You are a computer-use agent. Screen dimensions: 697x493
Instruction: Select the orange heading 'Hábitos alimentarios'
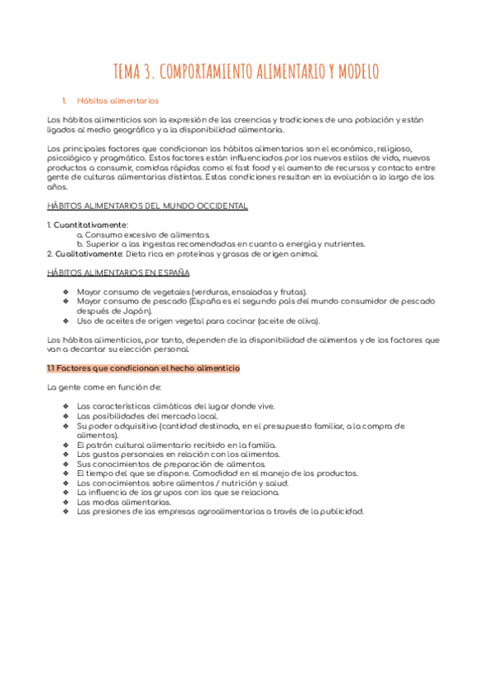click(117, 101)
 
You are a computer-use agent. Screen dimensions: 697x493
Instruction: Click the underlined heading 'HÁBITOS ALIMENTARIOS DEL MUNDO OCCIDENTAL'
click(148, 205)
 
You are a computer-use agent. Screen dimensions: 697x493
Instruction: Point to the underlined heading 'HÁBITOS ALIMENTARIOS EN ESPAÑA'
click(118, 272)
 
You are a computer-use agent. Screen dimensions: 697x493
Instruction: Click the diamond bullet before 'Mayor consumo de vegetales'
click(66, 292)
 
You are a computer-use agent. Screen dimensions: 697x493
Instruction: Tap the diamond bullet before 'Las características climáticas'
click(66, 406)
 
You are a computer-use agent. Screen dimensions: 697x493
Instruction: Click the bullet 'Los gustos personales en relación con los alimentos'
click(178, 454)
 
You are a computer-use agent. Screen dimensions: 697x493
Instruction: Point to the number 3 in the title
click(149, 72)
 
